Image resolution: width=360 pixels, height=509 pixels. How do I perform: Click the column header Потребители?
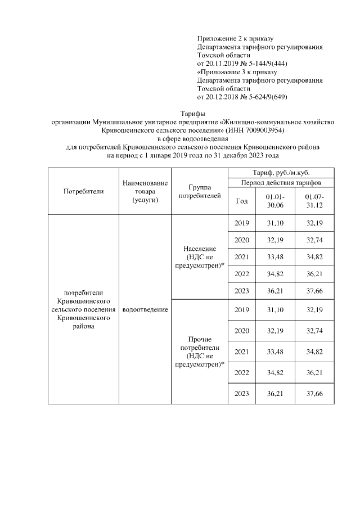tap(84, 191)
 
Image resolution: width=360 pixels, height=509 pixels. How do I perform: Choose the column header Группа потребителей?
tap(200, 191)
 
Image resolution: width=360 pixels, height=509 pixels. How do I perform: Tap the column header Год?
tap(241, 201)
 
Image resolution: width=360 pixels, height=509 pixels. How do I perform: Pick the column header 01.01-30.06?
tap(275, 201)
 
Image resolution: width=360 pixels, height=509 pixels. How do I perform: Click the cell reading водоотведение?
tap(145, 309)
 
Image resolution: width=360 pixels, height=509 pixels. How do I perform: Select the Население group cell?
tap(200, 256)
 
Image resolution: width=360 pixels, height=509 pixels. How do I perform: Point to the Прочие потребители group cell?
tap(200, 352)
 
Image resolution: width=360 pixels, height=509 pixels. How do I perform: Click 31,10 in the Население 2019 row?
tap(275, 223)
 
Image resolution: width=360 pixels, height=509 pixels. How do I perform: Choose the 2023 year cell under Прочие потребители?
tap(241, 393)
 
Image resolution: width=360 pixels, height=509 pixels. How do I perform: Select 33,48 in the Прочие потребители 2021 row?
tap(275, 352)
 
